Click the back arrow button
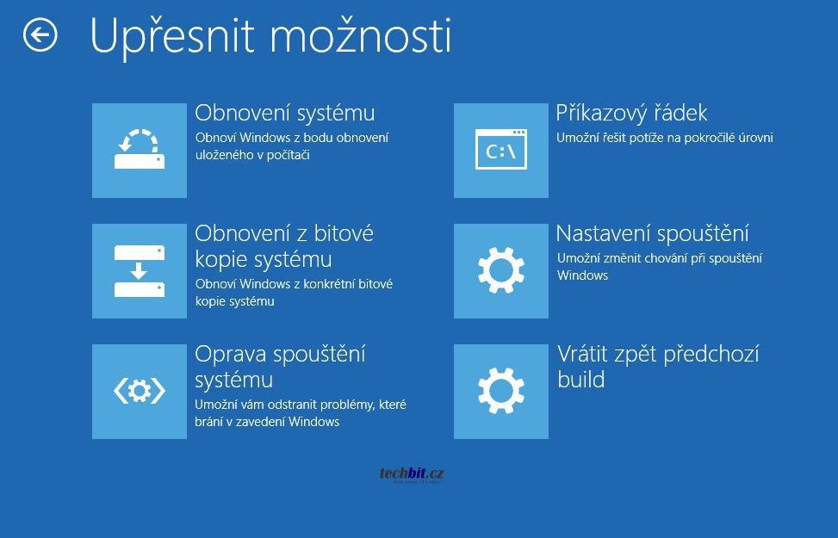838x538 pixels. tap(40, 35)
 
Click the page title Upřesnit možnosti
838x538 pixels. tap(271, 36)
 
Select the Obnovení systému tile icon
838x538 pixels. tap(140, 150)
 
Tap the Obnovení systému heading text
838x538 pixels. tap(285, 113)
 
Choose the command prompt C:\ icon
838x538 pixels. tap(501, 150)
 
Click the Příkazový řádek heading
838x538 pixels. tap(631, 112)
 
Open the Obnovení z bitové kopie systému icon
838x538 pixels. tap(140, 271)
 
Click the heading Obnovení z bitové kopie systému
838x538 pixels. tap(284, 246)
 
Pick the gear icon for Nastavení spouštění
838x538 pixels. tap(501, 271)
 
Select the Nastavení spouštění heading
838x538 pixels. tap(653, 233)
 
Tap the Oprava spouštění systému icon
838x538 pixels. tap(140, 392)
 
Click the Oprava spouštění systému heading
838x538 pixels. tap(280, 367)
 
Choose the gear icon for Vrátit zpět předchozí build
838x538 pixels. tap(501, 392)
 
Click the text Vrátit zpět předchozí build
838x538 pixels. tap(658, 367)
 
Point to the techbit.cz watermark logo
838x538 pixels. tap(412, 474)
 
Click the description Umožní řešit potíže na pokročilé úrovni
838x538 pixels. tap(664, 138)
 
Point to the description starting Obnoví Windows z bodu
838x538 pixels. tap(292, 146)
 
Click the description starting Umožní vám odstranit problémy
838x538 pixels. tap(301, 413)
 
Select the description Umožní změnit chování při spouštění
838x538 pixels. tap(660, 267)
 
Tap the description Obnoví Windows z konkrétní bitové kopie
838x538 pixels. tap(294, 292)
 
